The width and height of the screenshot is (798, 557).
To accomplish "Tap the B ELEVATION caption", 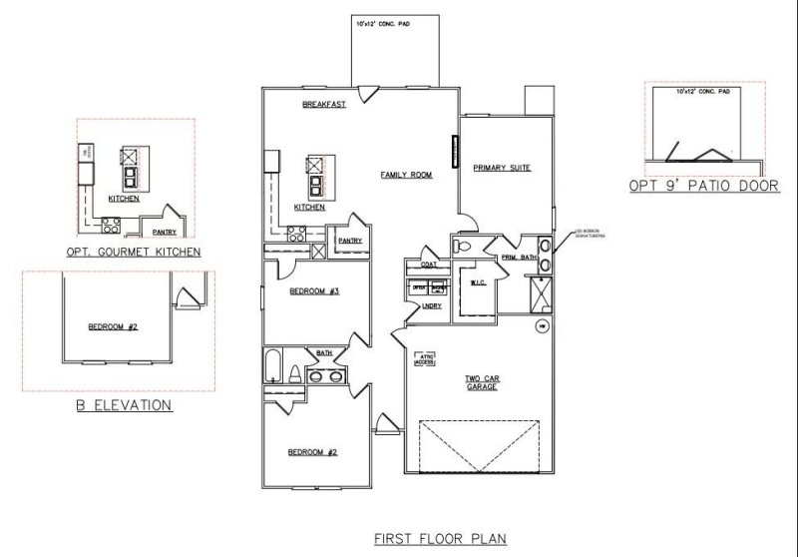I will pyautogui.click(x=124, y=405).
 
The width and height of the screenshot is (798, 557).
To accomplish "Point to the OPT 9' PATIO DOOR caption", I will pyautogui.click(x=703, y=186).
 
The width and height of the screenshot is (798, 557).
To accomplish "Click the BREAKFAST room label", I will pyautogui.click(x=324, y=105).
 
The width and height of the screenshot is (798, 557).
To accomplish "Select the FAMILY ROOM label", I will pyautogui.click(x=406, y=175).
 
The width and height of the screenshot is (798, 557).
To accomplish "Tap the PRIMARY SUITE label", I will pyautogui.click(x=501, y=169).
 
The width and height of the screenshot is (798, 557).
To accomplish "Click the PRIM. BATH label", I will pyautogui.click(x=518, y=257).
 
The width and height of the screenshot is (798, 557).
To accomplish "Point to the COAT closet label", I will pyautogui.click(x=430, y=265).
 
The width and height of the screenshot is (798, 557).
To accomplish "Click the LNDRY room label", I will pyautogui.click(x=432, y=305).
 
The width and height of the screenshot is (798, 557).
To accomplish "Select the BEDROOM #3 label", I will pyautogui.click(x=314, y=291).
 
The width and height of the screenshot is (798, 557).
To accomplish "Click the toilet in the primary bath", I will pyautogui.click(x=461, y=245).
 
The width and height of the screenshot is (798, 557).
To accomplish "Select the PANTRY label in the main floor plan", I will pyautogui.click(x=349, y=241).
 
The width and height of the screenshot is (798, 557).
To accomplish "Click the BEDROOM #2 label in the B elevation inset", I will pyautogui.click(x=113, y=327).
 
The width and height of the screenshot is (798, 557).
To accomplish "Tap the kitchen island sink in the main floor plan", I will pyautogui.click(x=315, y=185).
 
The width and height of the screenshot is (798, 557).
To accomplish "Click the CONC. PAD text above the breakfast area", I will pyautogui.click(x=383, y=22).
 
